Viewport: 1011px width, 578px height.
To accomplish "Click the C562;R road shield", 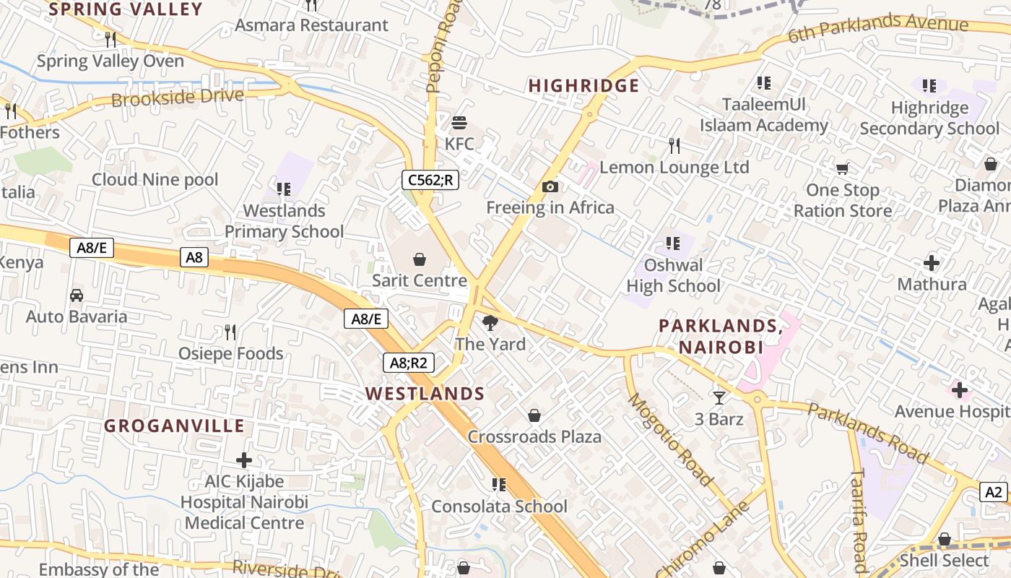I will (430, 180).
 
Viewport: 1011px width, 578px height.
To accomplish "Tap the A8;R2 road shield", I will (408, 363).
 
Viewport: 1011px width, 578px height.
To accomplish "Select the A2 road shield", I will (994, 492).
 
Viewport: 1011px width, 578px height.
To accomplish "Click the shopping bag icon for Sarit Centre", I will (420, 259).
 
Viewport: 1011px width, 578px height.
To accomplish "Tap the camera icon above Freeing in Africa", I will (550, 187).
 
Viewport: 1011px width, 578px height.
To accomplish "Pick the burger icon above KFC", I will (459, 122).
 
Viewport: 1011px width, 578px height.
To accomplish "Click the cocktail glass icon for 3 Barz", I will (719, 397).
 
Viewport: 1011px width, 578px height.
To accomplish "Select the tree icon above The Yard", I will (490, 322).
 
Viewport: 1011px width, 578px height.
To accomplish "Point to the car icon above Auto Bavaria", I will (76, 295).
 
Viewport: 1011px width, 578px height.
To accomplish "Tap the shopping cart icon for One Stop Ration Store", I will (842, 169).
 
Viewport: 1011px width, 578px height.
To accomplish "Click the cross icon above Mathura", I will (932, 262).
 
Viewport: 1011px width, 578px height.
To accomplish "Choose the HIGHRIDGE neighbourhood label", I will (584, 86).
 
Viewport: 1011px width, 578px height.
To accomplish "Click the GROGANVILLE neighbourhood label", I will (174, 426).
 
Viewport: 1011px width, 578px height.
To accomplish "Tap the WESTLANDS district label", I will (425, 394).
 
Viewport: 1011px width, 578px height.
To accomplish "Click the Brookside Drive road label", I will (178, 98).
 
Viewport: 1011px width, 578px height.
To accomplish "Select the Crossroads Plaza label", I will (534, 437).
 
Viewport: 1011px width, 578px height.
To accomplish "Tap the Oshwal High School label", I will (673, 275).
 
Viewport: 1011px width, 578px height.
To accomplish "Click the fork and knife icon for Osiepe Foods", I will (230, 332).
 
